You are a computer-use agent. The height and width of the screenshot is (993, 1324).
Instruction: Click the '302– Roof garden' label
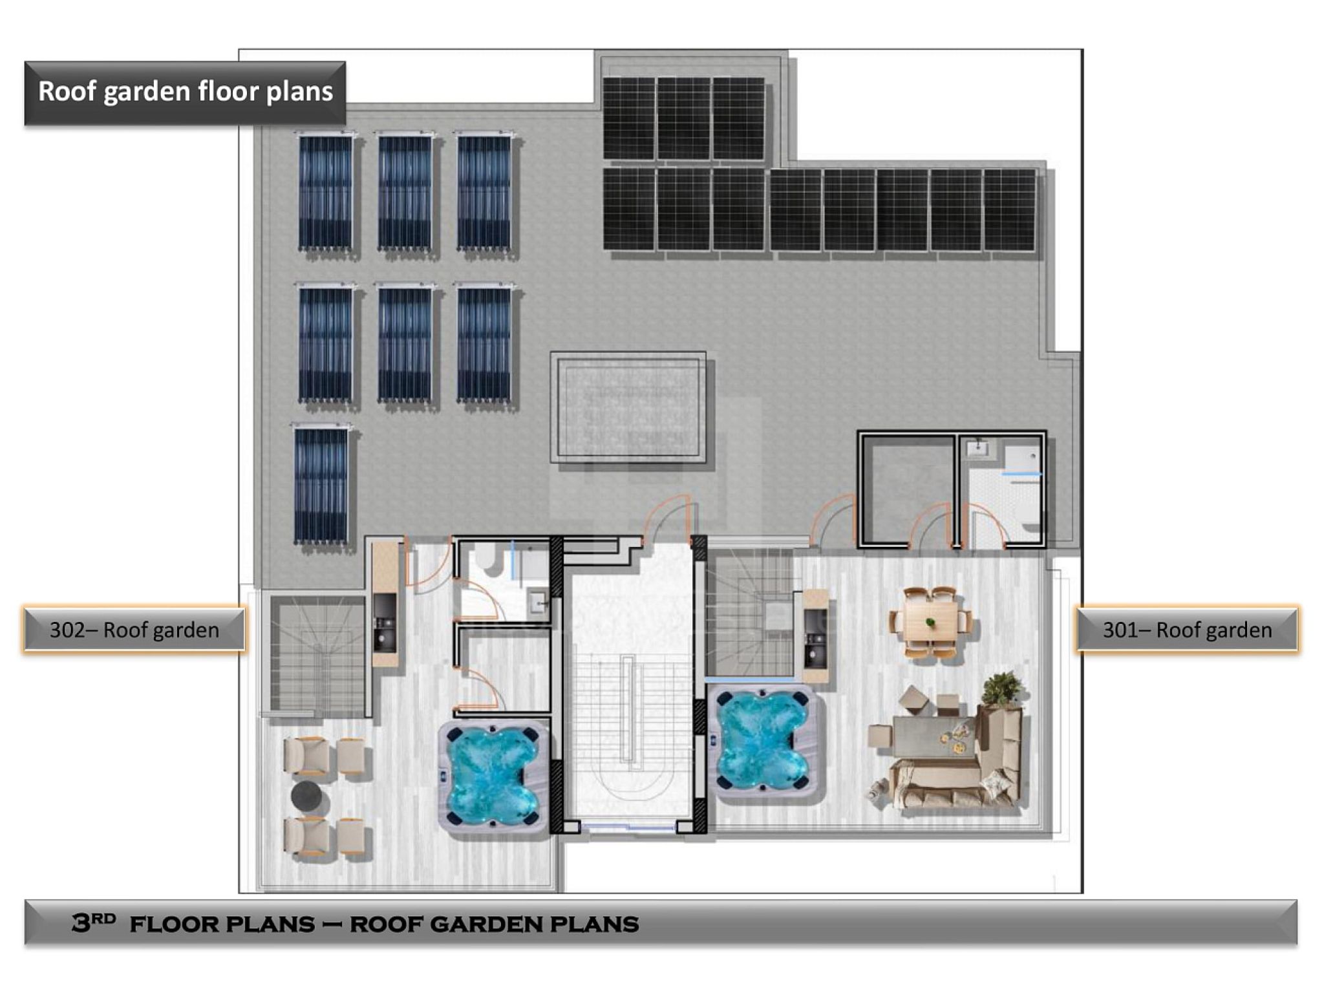(134, 629)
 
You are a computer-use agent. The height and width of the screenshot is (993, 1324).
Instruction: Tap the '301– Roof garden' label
(1187, 629)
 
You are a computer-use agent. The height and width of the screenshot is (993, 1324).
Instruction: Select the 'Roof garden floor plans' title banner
(186, 92)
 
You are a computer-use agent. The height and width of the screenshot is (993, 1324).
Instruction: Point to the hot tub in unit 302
(493, 774)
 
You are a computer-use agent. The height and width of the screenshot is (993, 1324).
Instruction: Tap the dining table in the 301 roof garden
(930, 622)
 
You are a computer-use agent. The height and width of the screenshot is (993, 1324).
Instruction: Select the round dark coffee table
(307, 796)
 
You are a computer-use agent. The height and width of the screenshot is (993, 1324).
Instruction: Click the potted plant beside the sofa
(1000, 690)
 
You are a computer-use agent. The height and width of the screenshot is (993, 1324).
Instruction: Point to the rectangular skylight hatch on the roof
(628, 407)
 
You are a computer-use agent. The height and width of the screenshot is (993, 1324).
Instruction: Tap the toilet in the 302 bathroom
(493, 557)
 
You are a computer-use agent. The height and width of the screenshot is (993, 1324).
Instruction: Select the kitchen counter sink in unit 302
(385, 633)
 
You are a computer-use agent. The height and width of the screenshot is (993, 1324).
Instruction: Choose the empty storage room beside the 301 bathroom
(906, 489)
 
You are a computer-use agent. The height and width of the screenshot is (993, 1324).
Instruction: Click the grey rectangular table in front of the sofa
(934, 737)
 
